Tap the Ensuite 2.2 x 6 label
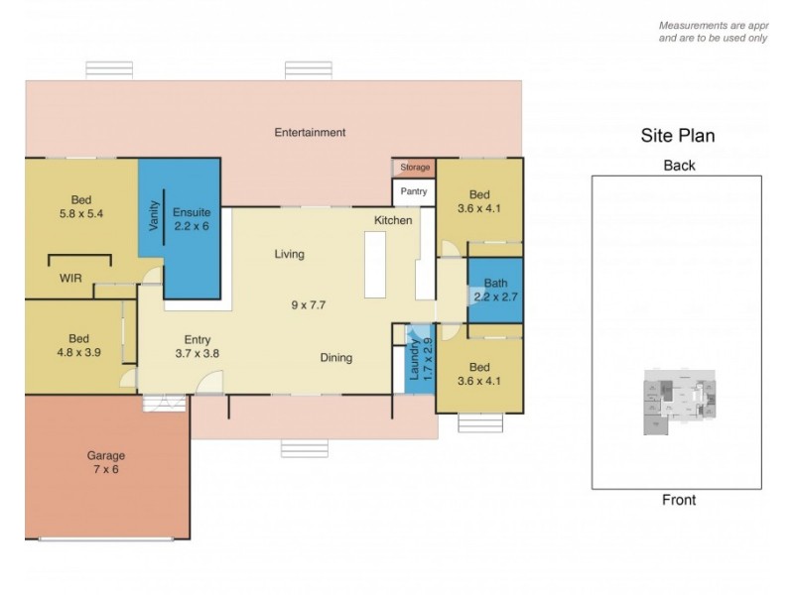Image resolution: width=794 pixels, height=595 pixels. point(191,218)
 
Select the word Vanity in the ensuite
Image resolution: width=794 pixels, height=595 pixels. point(154,217)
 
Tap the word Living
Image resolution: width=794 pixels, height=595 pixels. point(290,254)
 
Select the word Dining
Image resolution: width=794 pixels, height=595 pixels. point(335,358)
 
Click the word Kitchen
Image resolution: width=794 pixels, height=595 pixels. point(393,220)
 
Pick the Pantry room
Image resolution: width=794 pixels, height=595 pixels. point(413,192)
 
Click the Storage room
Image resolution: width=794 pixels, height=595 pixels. point(413,168)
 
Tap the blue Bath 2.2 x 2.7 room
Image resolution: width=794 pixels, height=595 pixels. point(494,289)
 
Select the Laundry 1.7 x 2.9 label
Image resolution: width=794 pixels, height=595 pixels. point(421,361)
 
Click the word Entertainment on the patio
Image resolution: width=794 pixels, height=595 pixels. point(310,132)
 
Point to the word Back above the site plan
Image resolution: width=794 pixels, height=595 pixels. point(679,166)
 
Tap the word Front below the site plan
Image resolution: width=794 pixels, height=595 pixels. point(679,500)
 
